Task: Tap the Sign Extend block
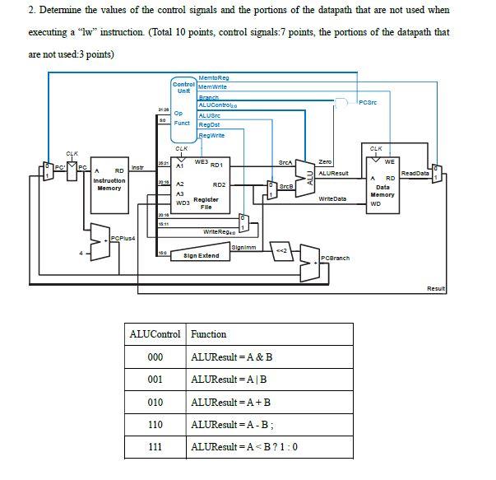pos(202,256)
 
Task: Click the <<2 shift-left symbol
pos(280,251)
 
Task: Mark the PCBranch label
pos(335,258)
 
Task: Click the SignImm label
pos(246,246)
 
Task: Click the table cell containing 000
pos(155,357)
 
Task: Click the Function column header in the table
pos(209,334)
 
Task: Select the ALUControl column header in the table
pos(155,334)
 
